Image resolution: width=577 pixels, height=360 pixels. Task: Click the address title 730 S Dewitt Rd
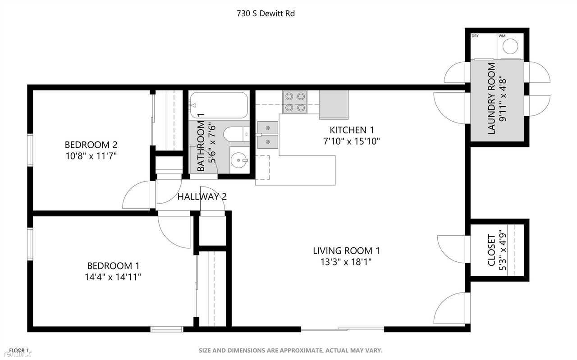click(266, 14)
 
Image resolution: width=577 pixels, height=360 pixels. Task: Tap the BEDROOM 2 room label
click(91, 145)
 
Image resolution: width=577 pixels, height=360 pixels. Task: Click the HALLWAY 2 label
click(201, 196)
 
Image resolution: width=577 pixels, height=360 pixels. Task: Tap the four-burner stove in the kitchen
click(295, 101)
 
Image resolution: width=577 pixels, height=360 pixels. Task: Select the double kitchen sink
click(268, 135)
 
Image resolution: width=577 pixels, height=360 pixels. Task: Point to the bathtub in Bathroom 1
click(219, 105)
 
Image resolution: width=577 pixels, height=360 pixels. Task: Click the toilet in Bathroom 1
click(236, 133)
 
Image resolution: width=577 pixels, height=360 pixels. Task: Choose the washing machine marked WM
click(511, 46)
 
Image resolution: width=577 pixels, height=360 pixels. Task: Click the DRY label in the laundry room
click(475, 36)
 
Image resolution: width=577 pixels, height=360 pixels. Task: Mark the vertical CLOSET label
click(491, 250)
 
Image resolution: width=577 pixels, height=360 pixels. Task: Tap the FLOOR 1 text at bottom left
click(19, 350)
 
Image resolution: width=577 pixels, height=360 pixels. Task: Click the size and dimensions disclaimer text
click(291, 350)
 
